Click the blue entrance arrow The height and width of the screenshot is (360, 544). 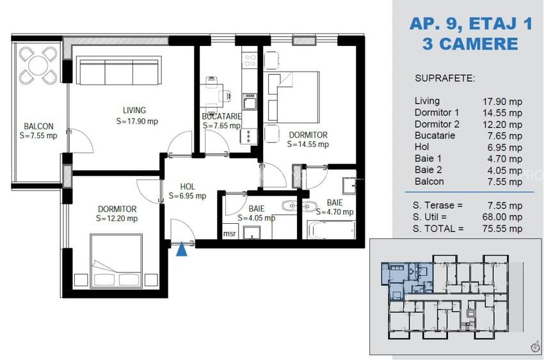(182, 249)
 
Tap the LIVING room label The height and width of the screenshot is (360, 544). (134, 110)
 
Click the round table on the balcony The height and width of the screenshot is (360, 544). (37, 66)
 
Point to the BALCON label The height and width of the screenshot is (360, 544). (38, 126)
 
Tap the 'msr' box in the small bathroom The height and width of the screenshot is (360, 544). (228, 233)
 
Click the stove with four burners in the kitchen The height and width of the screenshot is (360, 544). (249, 61)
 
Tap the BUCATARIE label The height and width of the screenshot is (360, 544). (221, 116)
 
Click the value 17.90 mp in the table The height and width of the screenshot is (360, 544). (502, 100)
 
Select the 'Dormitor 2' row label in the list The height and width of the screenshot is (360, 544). (436, 124)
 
